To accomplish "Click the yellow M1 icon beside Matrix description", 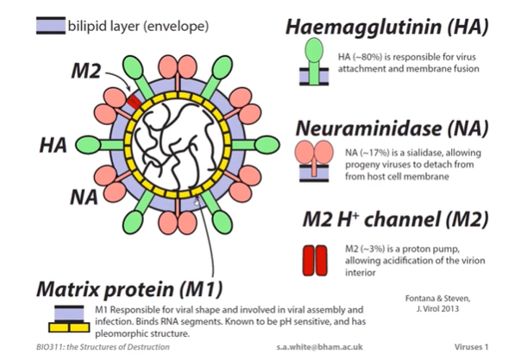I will (x=60, y=321).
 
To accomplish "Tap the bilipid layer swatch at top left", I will (x=49, y=26).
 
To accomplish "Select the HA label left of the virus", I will (x=54, y=144).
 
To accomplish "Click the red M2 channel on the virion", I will (x=134, y=102).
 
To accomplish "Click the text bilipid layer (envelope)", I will (x=137, y=26).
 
